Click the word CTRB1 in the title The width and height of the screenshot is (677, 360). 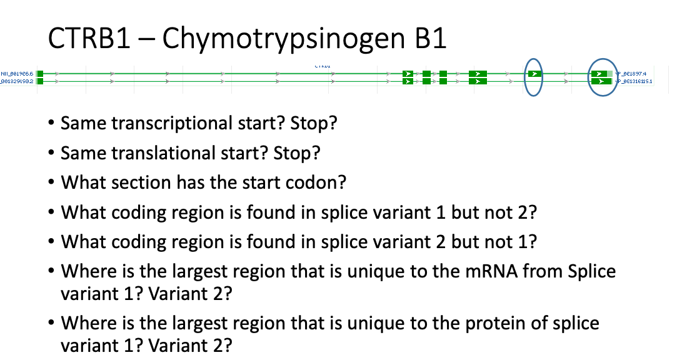pyautogui.click(x=89, y=39)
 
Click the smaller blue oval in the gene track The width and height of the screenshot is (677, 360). pyautogui.click(x=533, y=76)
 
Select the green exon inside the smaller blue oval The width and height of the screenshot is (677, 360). pyautogui.click(x=534, y=74)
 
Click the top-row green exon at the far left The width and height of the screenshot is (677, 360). pyautogui.click(x=40, y=74)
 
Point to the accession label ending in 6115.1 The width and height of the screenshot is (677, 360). pyautogui.click(x=634, y=81)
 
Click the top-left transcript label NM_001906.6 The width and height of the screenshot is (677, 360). pyautogui.click(x=16, y=74)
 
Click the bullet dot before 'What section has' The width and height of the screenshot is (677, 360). pyautogui.click(x=51, y=183)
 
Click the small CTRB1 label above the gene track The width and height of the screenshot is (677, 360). pyautogui.click(x=323, y=64)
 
